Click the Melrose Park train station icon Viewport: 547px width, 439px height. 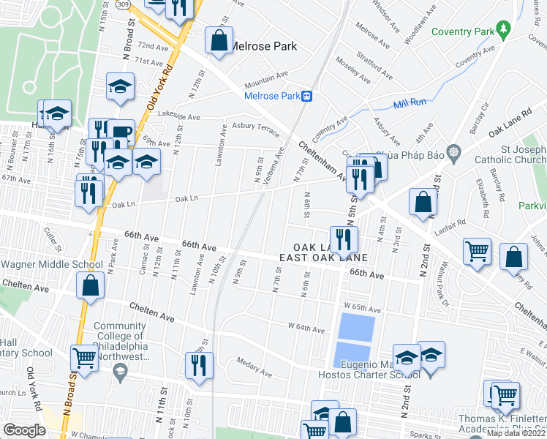pos(309,95)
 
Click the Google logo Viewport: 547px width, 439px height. pos(24,429)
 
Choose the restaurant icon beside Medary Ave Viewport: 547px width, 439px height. pos(199,364)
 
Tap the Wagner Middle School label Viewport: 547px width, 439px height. pos(51,264)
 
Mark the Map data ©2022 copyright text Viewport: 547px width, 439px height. pos(516,433)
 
